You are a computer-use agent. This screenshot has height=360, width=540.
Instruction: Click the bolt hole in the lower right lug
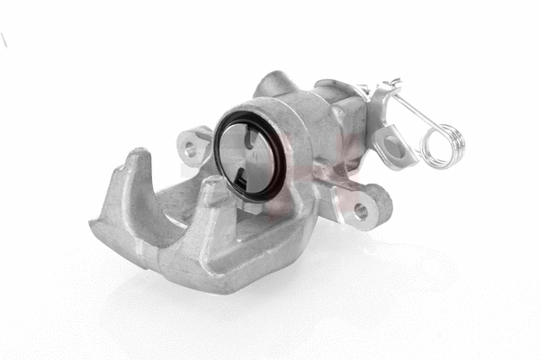tap(362, 210)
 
